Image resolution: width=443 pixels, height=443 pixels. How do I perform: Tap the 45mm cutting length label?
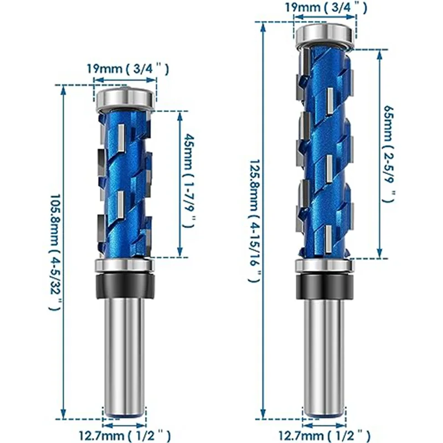190,181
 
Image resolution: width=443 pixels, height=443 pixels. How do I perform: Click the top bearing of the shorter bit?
125,98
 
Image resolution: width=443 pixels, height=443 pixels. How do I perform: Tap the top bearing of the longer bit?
325,35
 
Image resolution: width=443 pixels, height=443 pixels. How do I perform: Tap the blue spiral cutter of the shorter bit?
125,183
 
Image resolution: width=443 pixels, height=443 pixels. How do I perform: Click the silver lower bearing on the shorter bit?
125,266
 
